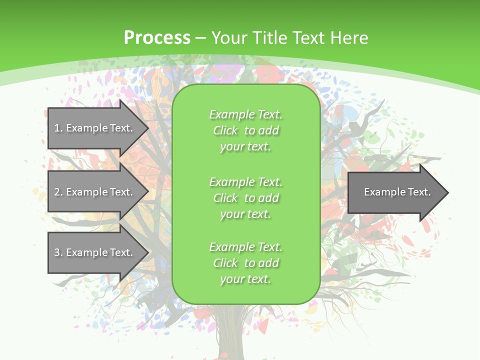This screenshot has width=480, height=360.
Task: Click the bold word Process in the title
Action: point(157,38)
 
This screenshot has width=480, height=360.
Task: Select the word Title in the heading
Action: point(270,38)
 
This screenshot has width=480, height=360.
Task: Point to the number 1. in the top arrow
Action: point(58,128)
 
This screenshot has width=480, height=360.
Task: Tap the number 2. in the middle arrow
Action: point(58,192)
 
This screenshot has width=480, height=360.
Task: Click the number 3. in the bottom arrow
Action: point(58,252)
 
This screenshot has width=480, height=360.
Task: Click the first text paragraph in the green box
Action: point(245,130)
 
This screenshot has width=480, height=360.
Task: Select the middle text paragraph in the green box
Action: point(245,198)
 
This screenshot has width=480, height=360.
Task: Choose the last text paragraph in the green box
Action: point(245,263)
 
